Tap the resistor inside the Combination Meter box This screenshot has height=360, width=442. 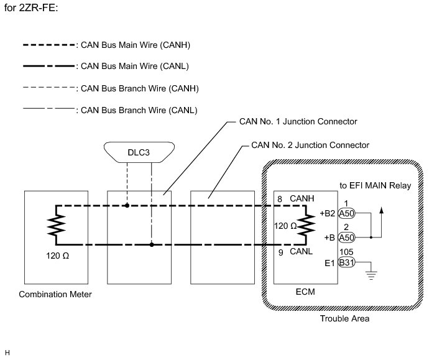pos(57,225)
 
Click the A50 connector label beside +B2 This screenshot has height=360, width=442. pos(346,213)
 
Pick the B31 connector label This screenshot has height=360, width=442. pos(346,263)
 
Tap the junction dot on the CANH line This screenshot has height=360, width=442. pos(127,205)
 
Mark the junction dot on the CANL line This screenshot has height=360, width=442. pos(152,244)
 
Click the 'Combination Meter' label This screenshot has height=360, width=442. pos(55,294)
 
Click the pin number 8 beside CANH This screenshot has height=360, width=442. pos(280,199)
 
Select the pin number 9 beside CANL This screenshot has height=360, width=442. pos(280,252)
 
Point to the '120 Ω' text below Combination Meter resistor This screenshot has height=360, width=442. pos(57,256)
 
